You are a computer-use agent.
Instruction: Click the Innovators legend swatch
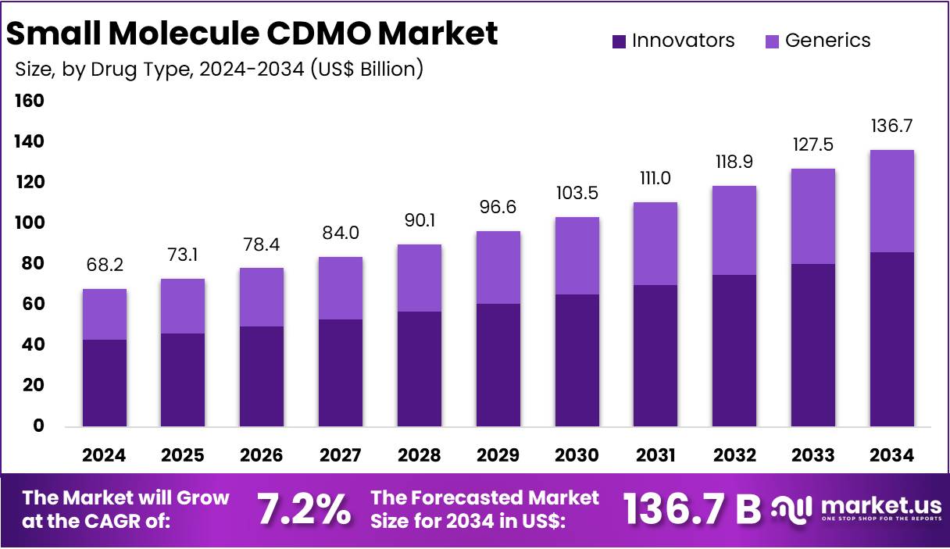(x=620, y=41)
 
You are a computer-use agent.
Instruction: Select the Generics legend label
(x=827, y=41)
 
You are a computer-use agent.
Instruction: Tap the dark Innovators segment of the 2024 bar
(x=105, y=383)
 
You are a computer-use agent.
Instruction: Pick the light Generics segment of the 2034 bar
(x=891, y=201)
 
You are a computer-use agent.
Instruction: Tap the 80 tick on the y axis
(x=32, y=264)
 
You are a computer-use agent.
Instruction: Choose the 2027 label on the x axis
(x=341, y=455)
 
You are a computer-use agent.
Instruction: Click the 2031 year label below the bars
(x=655, y=455)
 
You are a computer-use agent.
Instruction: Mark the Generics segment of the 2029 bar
(x=498, y=267)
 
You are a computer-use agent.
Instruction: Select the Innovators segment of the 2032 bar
(x=734, y=350)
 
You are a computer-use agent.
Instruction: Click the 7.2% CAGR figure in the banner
(x=304, y=510)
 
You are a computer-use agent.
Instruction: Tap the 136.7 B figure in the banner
(x=692, y=509)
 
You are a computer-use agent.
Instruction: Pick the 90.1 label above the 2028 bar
(x=419, y=221)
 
